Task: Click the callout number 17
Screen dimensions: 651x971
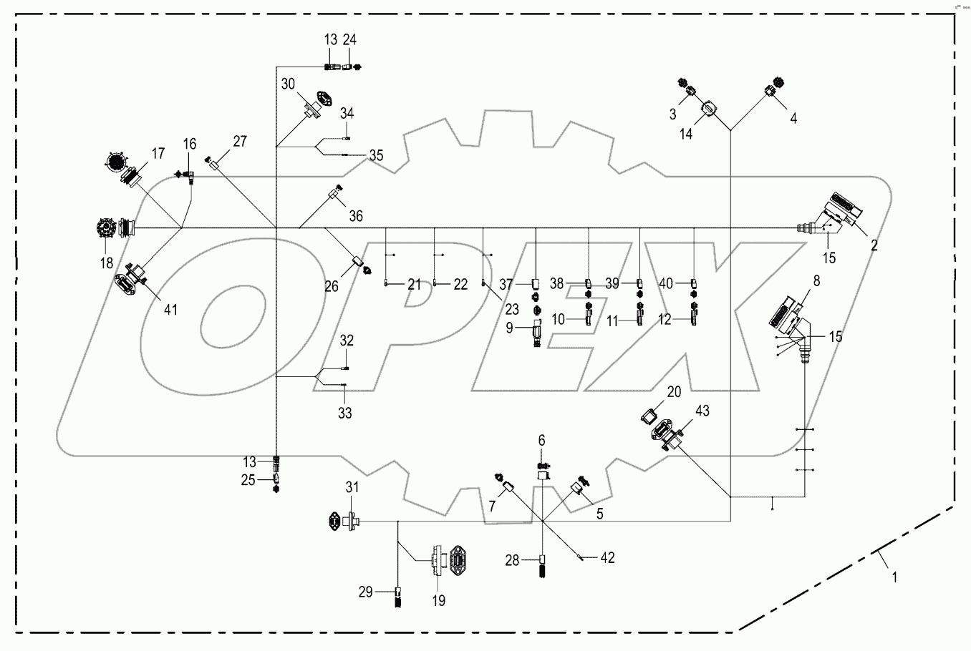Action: [158, 153]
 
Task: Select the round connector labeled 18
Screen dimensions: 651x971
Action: [107, 229]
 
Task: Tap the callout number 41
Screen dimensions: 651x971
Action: [170, 309]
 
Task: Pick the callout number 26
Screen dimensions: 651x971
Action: [331, 286]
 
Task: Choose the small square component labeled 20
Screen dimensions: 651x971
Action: [652, 415]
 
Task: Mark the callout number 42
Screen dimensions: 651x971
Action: [608, 557]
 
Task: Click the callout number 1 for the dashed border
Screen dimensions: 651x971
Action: [894, 574]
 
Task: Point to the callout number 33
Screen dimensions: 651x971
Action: [346, 413]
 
